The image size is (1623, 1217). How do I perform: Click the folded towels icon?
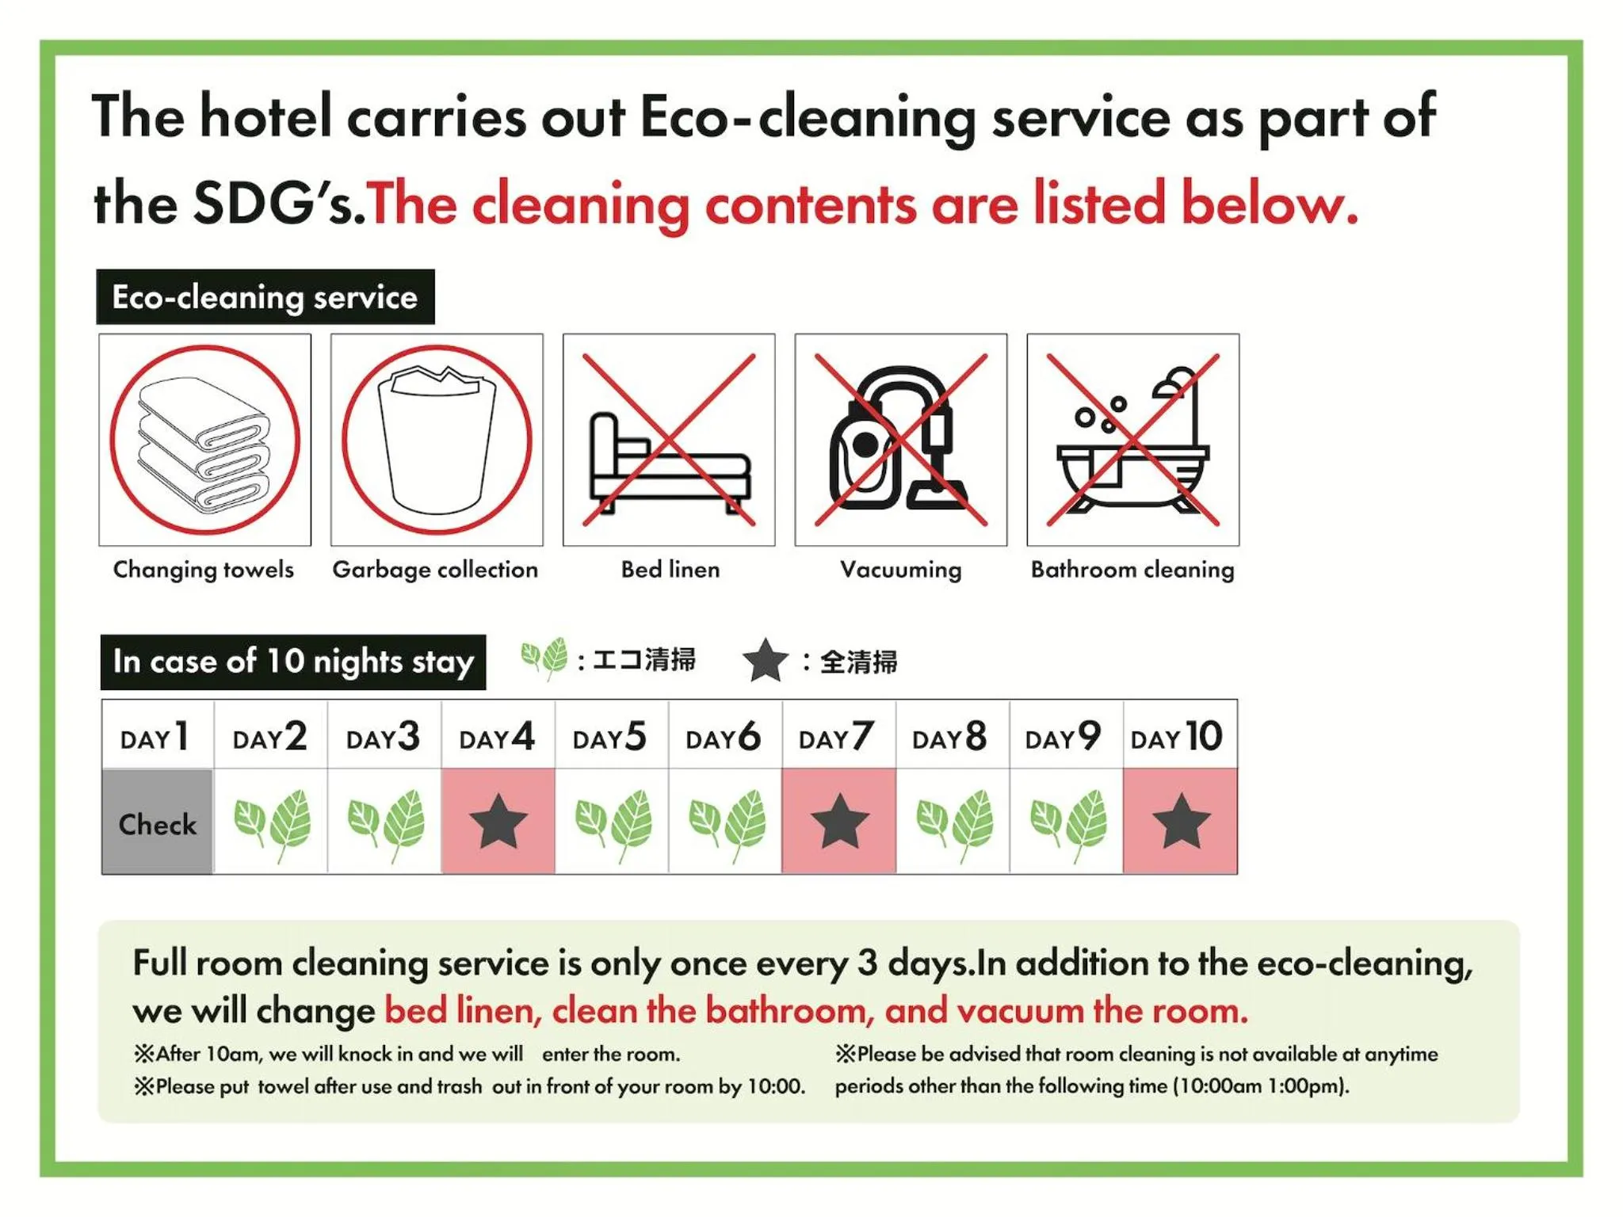tap(204, 441)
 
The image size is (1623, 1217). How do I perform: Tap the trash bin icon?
tap(437, 441)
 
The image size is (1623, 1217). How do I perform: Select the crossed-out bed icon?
tap(669, 441)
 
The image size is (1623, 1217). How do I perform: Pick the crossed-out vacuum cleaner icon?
tap(901, 441)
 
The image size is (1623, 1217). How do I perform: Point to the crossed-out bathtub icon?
tap(1133, 441)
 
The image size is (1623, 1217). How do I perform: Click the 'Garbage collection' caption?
tap(435, 570)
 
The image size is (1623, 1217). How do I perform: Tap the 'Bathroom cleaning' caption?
tap(1132, 570)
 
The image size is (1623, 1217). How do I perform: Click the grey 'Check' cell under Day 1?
tap(158, 822)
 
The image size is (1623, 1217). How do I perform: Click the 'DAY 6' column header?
tap(724, 737)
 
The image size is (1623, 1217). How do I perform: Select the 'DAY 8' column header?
tap(949, 737)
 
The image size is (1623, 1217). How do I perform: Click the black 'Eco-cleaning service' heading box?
tap(265, 297)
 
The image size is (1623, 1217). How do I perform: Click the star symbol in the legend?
tap(766, 661)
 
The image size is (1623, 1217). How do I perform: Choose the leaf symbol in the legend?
tap(544, 658)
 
